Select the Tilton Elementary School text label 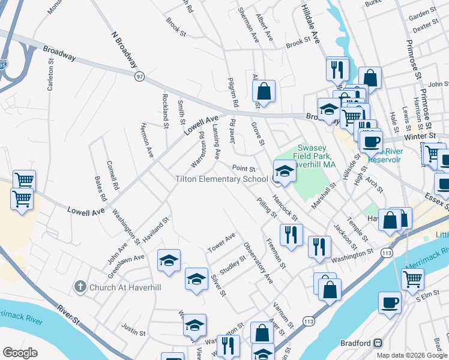(x=221, y=179)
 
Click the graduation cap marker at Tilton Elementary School (x=285, y=172)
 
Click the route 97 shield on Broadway (x=140, y=76)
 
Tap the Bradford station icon (x=378, y=343)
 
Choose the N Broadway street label (x=125, y=49)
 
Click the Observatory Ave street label (x=258, y=263)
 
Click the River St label (x=70, y=315)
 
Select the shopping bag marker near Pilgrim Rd (x=264, y=92)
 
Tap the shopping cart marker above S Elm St (x=412, y=278)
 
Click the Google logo (x=20, y=353)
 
